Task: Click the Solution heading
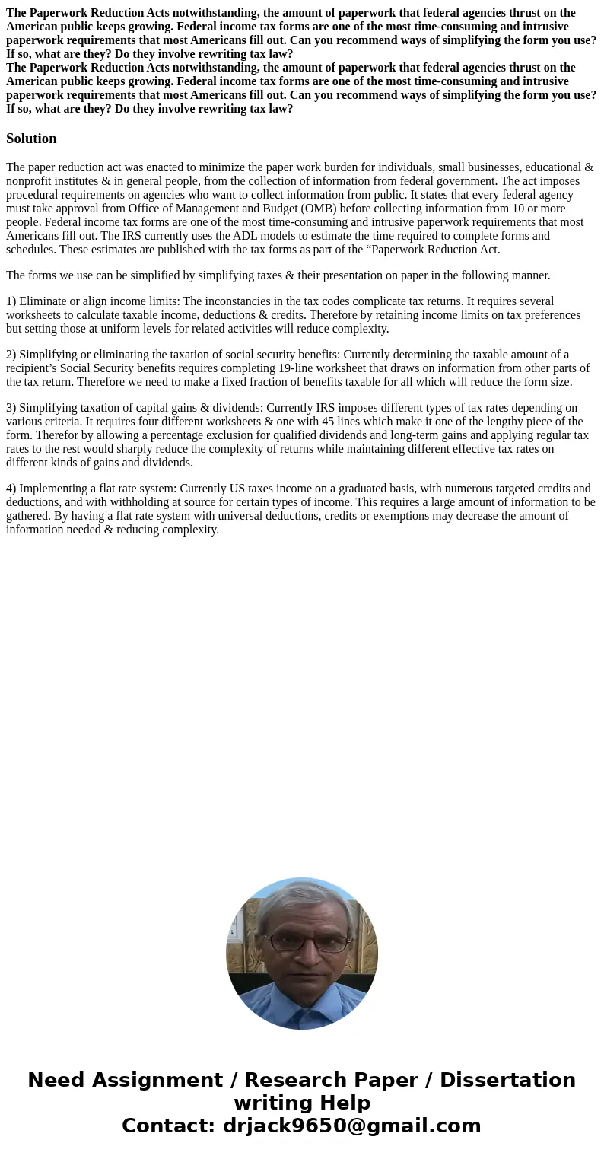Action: pos(31,139)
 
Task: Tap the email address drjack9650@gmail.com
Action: pos(351,1126)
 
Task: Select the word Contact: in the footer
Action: pos(168,1126)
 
